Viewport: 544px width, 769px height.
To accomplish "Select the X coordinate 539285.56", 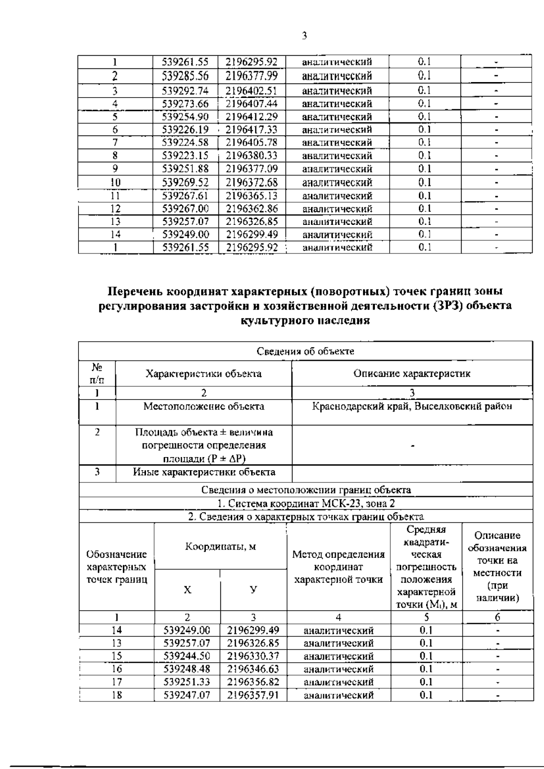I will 185,76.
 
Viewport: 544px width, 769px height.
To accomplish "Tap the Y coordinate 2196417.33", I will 252,130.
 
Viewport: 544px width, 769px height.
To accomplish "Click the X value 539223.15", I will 185,156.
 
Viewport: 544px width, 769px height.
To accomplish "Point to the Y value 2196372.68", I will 252,182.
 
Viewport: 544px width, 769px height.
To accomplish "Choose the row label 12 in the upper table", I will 116,209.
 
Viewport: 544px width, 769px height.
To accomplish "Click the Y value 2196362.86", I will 252,209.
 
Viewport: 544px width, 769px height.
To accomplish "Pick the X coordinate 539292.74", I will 185,90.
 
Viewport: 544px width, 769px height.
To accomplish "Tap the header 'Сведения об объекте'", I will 306,351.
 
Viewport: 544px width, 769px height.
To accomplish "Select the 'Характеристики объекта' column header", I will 203,374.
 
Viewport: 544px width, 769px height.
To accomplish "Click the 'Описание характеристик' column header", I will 412,374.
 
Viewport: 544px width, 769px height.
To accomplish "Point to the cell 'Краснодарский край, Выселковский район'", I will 412,406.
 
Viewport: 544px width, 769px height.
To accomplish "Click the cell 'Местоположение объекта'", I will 204,406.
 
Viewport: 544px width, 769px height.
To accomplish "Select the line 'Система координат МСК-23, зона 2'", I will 306,503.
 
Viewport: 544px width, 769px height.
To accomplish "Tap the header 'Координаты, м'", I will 220,546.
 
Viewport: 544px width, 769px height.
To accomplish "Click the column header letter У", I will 253,589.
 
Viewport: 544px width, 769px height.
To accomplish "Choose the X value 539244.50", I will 187,656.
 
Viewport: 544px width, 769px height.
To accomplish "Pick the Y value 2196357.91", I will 253,695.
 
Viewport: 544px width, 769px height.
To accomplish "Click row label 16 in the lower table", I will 117,669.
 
